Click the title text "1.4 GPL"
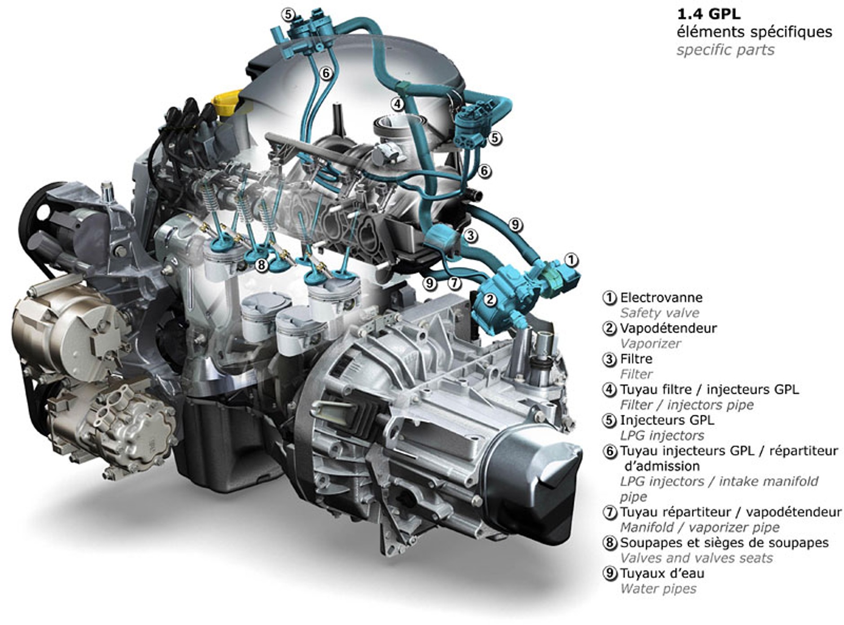pyautogui.click(x=708, y=14)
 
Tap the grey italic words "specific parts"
pyautogui.click(x=725, y=50)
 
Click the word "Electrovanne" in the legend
pyautogui.click(x=661, y=297)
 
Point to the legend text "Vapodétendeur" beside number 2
pyautogui.click(x=668, y=328)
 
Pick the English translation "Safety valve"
pyautogui.click(x=659, y=313)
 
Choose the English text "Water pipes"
pyautogui.click(x=658, y=589)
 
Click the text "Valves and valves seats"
pyautogui.click(x=696, y=558)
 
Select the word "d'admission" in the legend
pyautogui.click(x=662, y=466)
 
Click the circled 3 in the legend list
pyautogui.click(x=609, y=359)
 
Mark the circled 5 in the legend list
pyautogui.click(x=609, y=421)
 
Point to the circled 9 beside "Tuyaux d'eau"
pyautogui.click(x=609, y=573)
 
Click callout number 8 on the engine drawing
pyautogui.click(x=261, y=265)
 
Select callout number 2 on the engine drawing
pyautogui.click(x=490, y=299)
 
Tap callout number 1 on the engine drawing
pyautogui.click(x=571, y=260)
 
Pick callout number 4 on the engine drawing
pyautogui.click(x=397, y=104)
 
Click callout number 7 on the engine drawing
pyautogui.click(x=455, y=283)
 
